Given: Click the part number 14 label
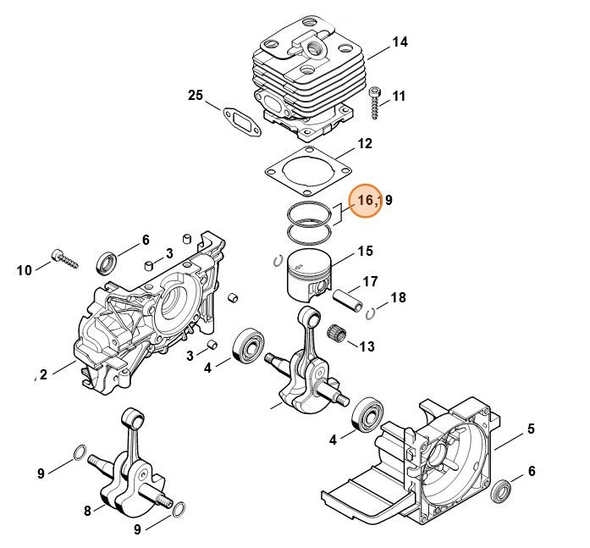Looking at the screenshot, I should (400, 42).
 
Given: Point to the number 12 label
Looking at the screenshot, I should (364, 144).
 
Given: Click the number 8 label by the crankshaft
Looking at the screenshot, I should (87, 510).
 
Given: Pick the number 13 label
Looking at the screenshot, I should (367, 346).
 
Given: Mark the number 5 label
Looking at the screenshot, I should (531, 429).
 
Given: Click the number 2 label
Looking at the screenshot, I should (41, 375).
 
